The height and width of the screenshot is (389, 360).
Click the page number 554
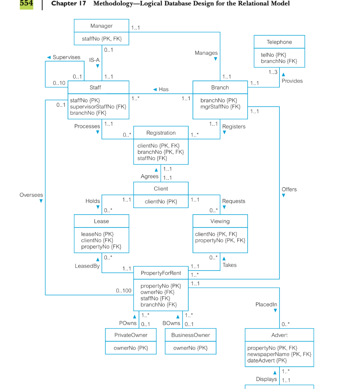pyautogui.click(x=26, y=3)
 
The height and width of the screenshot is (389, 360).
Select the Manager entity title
pyautogui.click(x=101, y=26)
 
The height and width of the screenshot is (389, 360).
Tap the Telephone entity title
pyautogui.click(x=279, y=42)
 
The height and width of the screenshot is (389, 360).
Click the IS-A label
pyautogui.click(x=95, y=60)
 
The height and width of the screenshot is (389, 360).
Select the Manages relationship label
pyautogui.click(x=206, y=53)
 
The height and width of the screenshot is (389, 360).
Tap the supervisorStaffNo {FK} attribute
pyautogui.click(x=98, y=107)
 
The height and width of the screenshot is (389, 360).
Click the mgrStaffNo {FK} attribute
pyautogui.click(x=220, y=107)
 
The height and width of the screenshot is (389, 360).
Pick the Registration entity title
pyautogui.click(x=161, y=133)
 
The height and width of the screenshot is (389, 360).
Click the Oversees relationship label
pyautogui.click(x=31, y=195)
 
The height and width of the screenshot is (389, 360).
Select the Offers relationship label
pyautogui.click(x=289, y=189)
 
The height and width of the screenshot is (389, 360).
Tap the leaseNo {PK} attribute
pyautogui.click(x=98, y=234)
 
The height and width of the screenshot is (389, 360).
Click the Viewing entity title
pyautogui.click(x=220, y=221)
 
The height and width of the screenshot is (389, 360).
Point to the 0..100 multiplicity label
pyautogui.click(x=124, y=291)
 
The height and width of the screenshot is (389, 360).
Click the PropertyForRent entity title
pyautogui.click(x=161, y=273)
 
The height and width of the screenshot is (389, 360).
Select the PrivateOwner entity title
pyautogui.click(x=131, y=335)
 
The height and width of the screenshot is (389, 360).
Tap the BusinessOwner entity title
pyautogui.click(x=191, y=335)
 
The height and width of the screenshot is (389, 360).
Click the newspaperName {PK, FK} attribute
pyautogui.click(x=279, y=354)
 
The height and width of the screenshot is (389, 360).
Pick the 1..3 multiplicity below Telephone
pyautogui.click(x=273, y=72)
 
